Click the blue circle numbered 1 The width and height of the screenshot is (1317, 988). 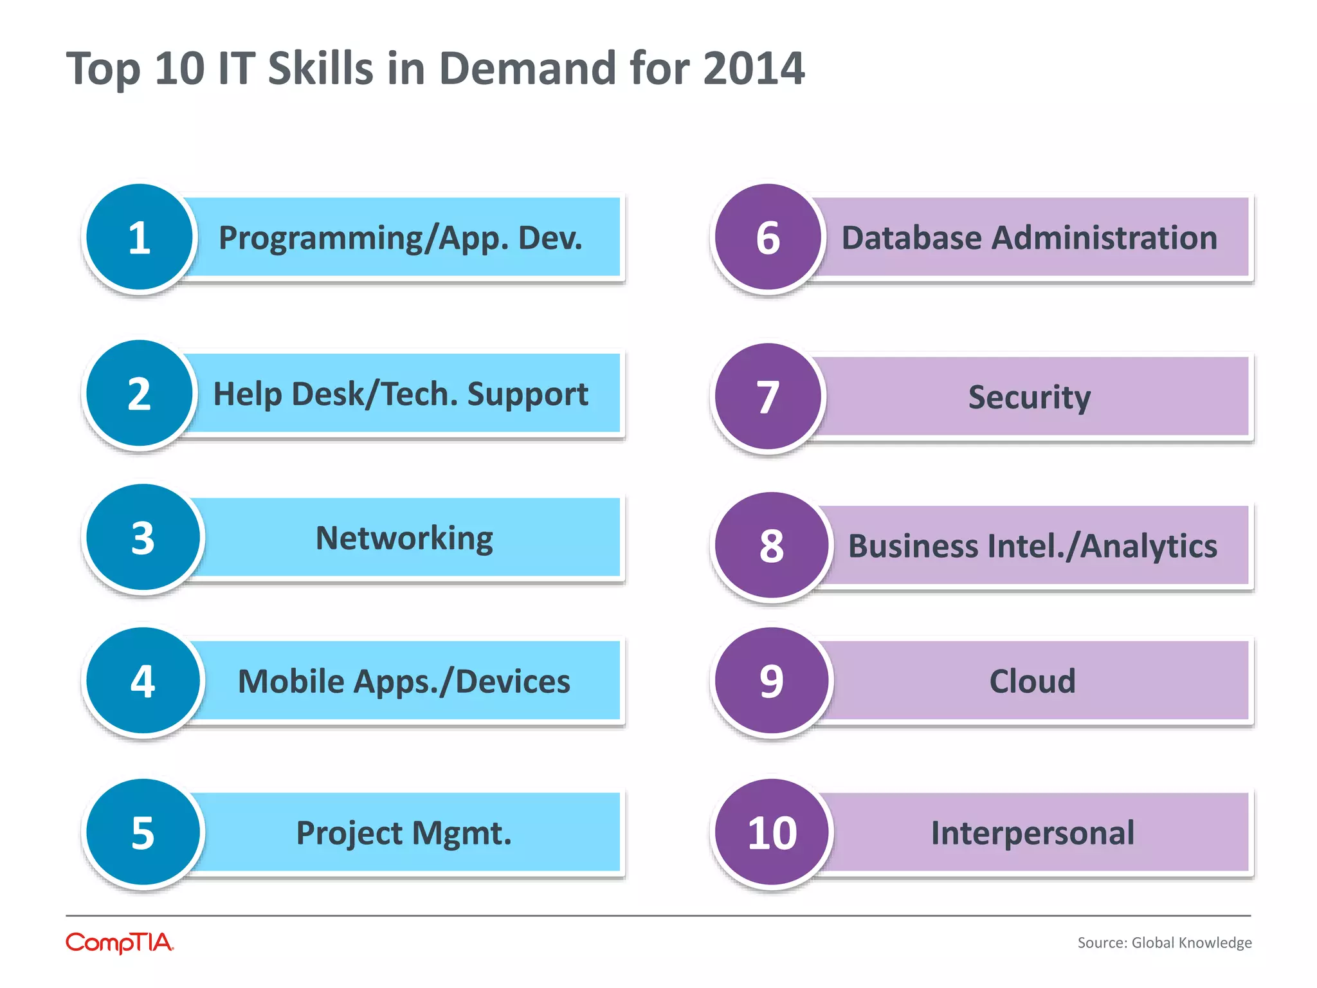click(140, 237)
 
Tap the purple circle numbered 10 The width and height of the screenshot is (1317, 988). click(772, 832)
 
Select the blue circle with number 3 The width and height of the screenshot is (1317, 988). click(143, 538)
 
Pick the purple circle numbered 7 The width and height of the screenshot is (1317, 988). click(768, 396)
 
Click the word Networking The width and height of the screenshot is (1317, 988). click(404, 538)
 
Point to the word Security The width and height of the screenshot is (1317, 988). click(1029, 397)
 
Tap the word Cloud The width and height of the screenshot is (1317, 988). click(1032, 681)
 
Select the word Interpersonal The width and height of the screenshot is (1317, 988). click(1032, 832)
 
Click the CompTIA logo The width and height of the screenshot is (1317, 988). click(120, 943)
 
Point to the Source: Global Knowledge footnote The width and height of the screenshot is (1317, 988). click(1164, 943)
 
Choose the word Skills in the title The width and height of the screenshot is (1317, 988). click(320, 68)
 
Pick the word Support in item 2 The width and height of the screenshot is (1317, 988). click(527, 394)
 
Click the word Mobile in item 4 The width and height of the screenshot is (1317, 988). click(291, 681)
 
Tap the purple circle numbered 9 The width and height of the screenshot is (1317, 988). click(772, 681)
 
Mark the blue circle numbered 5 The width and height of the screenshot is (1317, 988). click(143, 832)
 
